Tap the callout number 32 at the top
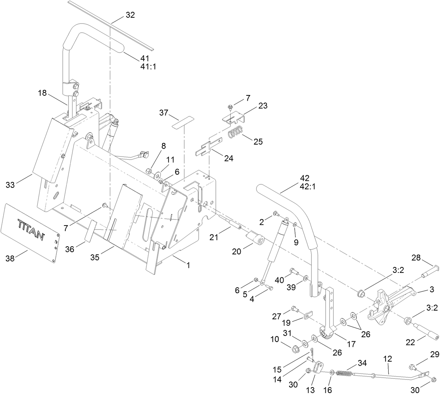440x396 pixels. [130, 15]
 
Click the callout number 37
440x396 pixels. [164, 112]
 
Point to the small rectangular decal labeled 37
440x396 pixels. [183, 122]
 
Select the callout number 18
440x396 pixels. [42, 93]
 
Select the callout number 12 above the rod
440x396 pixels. [387, 359]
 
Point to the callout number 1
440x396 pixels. [188, 265]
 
